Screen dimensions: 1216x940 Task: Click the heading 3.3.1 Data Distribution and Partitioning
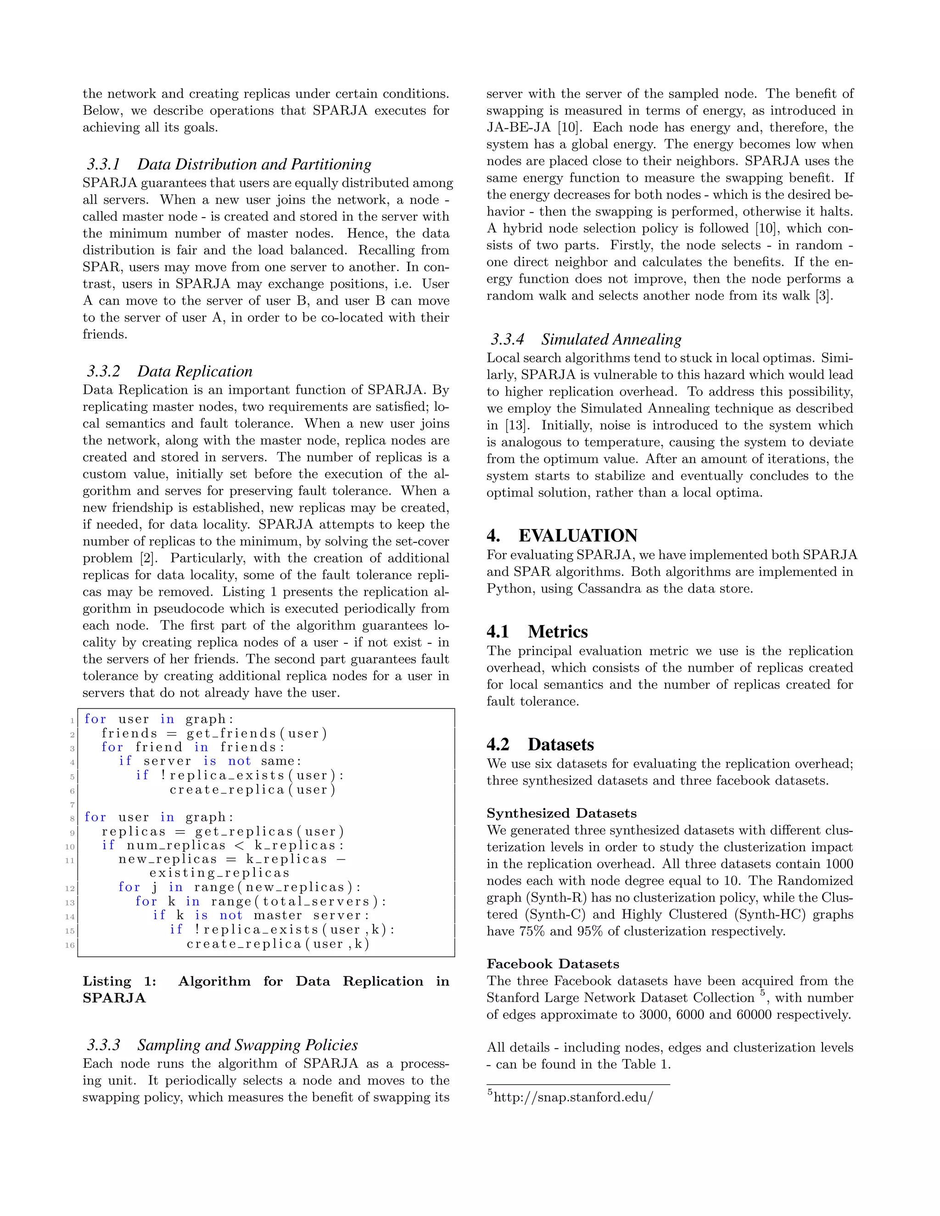click(229, 164)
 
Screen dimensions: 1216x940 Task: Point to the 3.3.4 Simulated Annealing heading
click(586, 339)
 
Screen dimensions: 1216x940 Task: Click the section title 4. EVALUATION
click(562, 535)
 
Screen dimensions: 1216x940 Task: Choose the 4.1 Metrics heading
click(537, 631)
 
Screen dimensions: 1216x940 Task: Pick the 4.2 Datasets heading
click(540, 744)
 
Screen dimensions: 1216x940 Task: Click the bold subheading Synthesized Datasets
click(561, 814)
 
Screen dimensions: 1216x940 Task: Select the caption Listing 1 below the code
click(266, 989)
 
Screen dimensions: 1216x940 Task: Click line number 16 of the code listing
click(70, 945)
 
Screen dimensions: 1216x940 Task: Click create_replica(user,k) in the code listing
click(278, 944)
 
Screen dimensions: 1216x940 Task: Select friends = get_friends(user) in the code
click(214, 733)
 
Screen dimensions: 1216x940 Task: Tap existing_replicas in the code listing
click(219, 873)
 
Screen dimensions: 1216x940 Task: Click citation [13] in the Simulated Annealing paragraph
click(515, 425)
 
